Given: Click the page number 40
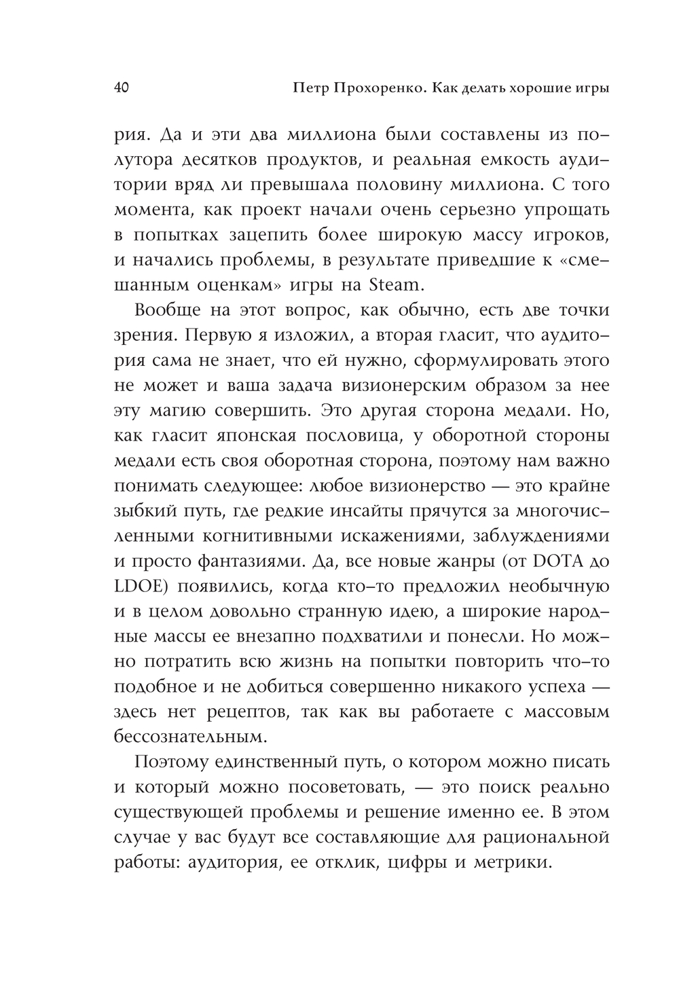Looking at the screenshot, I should click(123, 88).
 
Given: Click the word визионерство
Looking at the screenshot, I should click(429, 486).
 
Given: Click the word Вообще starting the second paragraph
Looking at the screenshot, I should click(168, 310).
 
